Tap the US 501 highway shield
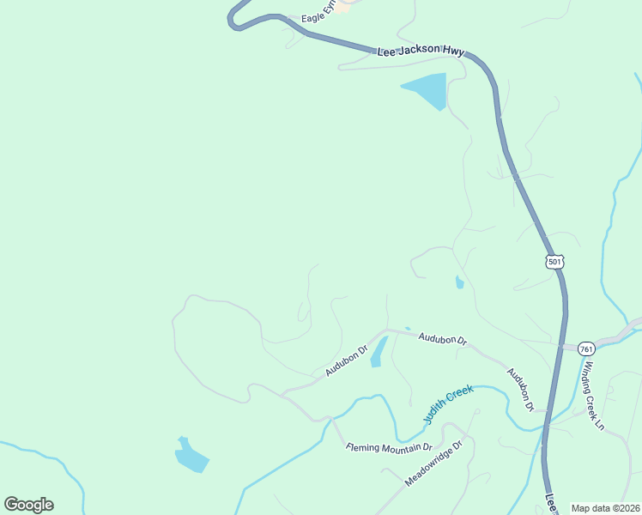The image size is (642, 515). click(554, 260)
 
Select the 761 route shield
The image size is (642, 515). click(586, 349)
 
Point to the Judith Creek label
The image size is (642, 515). click(448, 403)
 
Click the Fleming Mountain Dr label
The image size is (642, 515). click(388, 447)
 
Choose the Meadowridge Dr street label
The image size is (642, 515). click(433, 463)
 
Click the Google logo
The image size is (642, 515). click(28, 505)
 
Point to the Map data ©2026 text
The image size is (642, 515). click(605, 508)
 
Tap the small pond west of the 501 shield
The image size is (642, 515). click(460, 282)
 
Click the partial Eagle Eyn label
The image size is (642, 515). click(315, 17)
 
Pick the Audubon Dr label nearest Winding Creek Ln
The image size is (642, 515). click(520, 389)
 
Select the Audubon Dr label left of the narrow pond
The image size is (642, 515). click(346, 360)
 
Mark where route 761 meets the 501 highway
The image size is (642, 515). click(563, 347)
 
